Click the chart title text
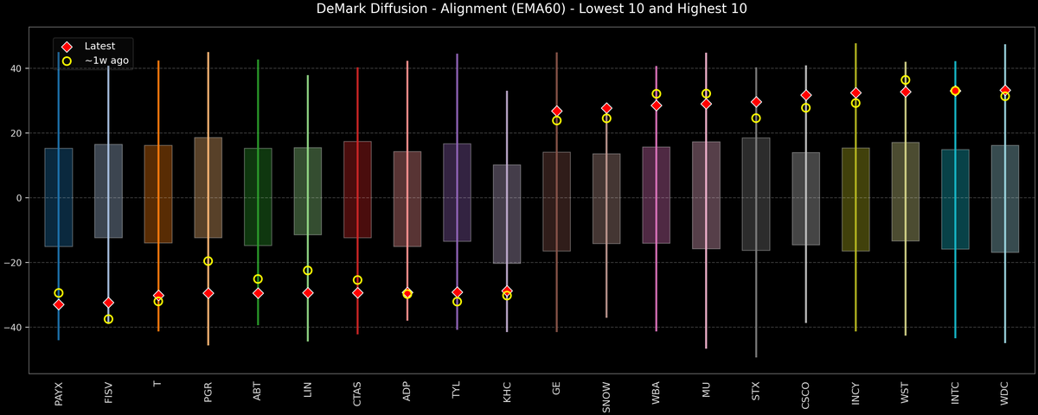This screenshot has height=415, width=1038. point(519,10)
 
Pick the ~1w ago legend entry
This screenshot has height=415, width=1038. point(106,61)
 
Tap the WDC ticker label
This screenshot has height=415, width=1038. point(1005,396)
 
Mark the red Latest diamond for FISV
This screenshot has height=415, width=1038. point(108,303)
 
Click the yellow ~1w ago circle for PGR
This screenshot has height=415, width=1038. point(208,261)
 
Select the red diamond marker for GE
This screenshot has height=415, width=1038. point(557,112)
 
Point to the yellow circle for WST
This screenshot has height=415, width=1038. point(906,80)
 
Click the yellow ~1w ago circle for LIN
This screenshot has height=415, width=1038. point(308,271)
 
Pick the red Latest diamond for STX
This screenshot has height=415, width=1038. point(756,102)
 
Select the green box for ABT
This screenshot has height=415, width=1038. point(258,196)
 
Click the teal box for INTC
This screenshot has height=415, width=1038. point(955,199)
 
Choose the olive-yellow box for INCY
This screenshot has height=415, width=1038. point(855,199)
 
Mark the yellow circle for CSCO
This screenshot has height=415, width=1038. point(806,108)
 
